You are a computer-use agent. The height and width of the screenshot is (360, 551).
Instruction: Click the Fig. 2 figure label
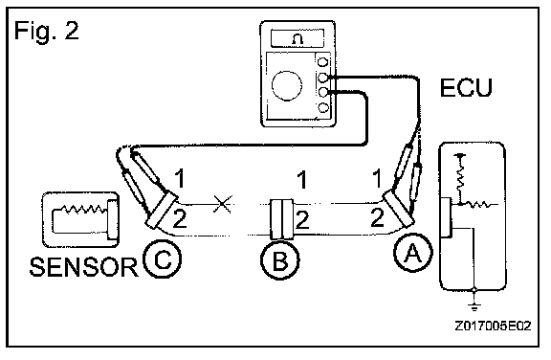pos(46,31)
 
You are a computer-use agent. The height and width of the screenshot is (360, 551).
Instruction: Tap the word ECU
pos(466,87)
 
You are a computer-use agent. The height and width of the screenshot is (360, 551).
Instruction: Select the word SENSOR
pos(83,267)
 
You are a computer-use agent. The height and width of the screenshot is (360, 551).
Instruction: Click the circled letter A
pos(413,253)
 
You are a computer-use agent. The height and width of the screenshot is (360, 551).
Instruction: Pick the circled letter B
pos(280,260)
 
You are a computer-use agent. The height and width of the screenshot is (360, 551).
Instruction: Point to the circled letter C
pos(163,259)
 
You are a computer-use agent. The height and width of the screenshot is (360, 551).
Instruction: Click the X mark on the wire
pos(223,204)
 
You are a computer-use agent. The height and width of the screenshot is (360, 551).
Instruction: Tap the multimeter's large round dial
pos(287,85)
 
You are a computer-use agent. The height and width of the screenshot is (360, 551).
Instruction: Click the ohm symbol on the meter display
pos(298,38)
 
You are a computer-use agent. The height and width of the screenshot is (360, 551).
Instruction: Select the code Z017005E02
pos(493,326)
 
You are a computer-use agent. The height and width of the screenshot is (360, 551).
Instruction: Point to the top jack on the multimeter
pos(322,62)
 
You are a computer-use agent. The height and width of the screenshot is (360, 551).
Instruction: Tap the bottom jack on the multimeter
pos(323,107)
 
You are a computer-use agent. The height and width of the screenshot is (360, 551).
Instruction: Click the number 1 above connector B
pos(302,180)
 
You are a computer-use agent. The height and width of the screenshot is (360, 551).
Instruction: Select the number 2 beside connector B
pos(302,219)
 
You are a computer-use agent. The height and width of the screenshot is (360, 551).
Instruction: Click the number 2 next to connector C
pos(179,218)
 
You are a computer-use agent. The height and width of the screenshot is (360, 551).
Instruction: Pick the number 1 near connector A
pos(377,178)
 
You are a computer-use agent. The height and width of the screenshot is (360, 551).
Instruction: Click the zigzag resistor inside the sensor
pos(83,210)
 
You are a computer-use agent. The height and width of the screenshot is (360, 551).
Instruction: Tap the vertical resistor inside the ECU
pos(460,177)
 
